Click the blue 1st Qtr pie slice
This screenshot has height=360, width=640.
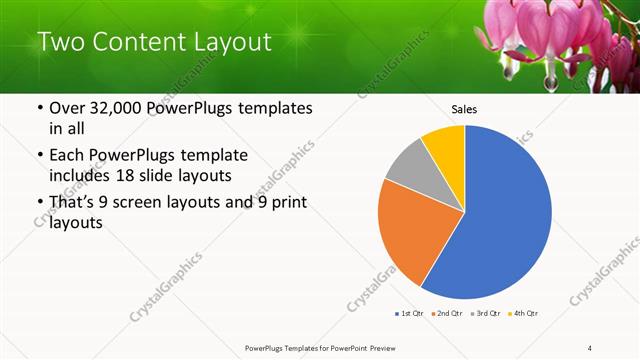pos(505,215)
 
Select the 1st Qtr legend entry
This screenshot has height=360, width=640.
pos(409,314)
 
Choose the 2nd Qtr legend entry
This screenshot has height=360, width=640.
pos(446,314)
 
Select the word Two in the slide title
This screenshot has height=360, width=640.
pos(61,42)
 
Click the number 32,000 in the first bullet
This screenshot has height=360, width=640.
pos(120,109)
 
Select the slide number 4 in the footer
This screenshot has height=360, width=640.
pos(590,347)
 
